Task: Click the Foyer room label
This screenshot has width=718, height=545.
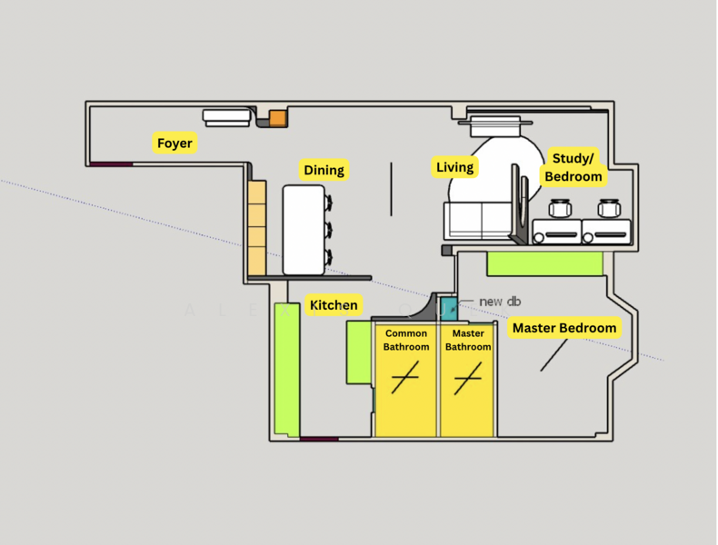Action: pos(175,144)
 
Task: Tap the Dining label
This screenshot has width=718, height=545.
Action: pos(324,170)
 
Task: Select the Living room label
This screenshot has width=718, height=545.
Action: pos(454,167)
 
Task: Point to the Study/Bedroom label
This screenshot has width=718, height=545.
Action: pos(573,168)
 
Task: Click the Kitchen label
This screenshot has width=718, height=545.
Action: pos(334,305)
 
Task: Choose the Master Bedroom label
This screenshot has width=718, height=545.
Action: pos(564,328)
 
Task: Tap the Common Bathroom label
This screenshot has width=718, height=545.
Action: pos(405,340)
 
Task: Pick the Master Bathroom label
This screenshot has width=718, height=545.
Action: pos(468,340)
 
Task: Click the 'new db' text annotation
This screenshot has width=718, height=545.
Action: pos(499,302)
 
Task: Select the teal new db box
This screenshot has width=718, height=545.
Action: pos(449,307)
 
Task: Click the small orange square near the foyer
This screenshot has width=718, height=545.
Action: pos(277,117)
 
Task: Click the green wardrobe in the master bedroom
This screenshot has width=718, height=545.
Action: pos(545,263)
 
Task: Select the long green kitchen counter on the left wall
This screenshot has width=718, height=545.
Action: pos(287,369)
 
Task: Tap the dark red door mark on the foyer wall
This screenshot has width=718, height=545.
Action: pos(112,164)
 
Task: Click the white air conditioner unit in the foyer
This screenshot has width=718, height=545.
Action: pos(226,117)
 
